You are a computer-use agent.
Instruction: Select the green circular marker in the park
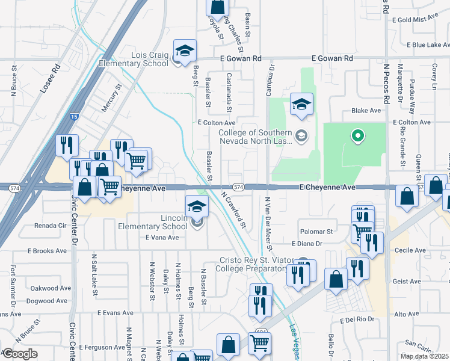pyautogui.click(x=358, y=136)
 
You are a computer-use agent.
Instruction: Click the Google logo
pyautogui.click(x=19, y=354)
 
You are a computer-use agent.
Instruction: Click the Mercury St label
pyautogui.click(x=111, y=98)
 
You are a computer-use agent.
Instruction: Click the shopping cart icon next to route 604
pyautogui.click(x=260, y=344)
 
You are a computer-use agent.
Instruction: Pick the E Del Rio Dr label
pyautogui.click(x=357, y=319)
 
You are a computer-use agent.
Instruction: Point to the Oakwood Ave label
pyautogui.click(x=48, y=288)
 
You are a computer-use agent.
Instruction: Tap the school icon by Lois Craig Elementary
pyautogui.click(x=185, y=50)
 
